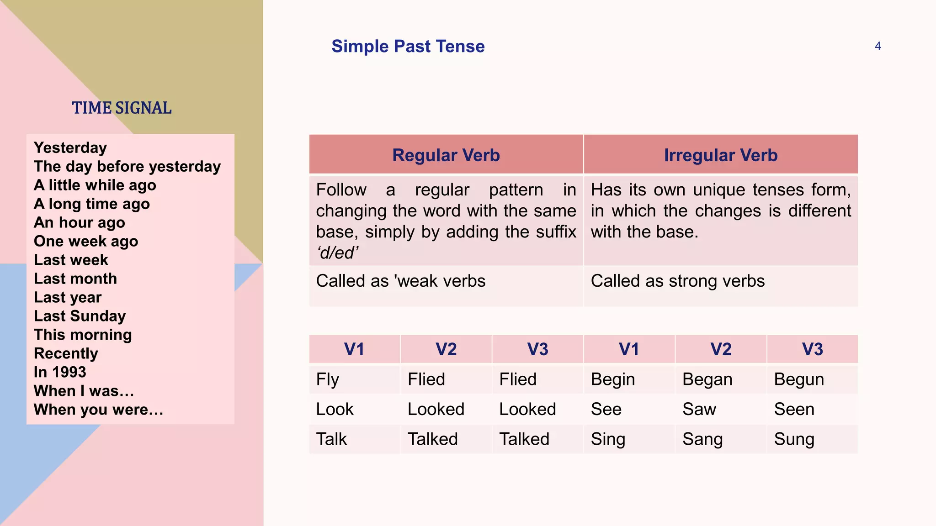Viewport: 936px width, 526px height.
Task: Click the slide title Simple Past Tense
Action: point(408,47)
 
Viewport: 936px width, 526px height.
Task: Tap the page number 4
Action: point(877,46)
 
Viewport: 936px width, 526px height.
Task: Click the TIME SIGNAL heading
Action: point(122,108)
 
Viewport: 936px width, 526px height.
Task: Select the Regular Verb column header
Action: point(446,155)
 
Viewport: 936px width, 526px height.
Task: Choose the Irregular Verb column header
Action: point(720,155)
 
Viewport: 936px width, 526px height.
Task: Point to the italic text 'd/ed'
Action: point(337,253)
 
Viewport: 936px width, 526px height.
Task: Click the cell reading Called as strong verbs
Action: point(677,281)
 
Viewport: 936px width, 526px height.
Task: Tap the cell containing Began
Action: point(707,379)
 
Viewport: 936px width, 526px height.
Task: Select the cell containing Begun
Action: point(799,379)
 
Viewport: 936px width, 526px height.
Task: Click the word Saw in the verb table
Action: point(699,409)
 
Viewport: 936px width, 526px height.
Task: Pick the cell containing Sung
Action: point(794,439)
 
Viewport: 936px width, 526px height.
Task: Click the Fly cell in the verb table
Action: point(327,379)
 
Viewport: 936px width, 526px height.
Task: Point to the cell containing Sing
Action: point(608,439)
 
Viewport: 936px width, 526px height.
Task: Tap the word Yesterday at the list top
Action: point(70,148)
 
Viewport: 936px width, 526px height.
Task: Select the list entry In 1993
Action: point(60,372)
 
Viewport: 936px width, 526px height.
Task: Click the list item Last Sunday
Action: point(80,316)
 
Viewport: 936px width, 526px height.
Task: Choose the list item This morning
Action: point(83,335)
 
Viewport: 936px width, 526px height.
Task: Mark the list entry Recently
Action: point(66,353)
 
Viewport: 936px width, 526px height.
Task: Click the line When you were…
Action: point(98,410)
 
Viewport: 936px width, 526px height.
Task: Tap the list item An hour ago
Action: point(79,222)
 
